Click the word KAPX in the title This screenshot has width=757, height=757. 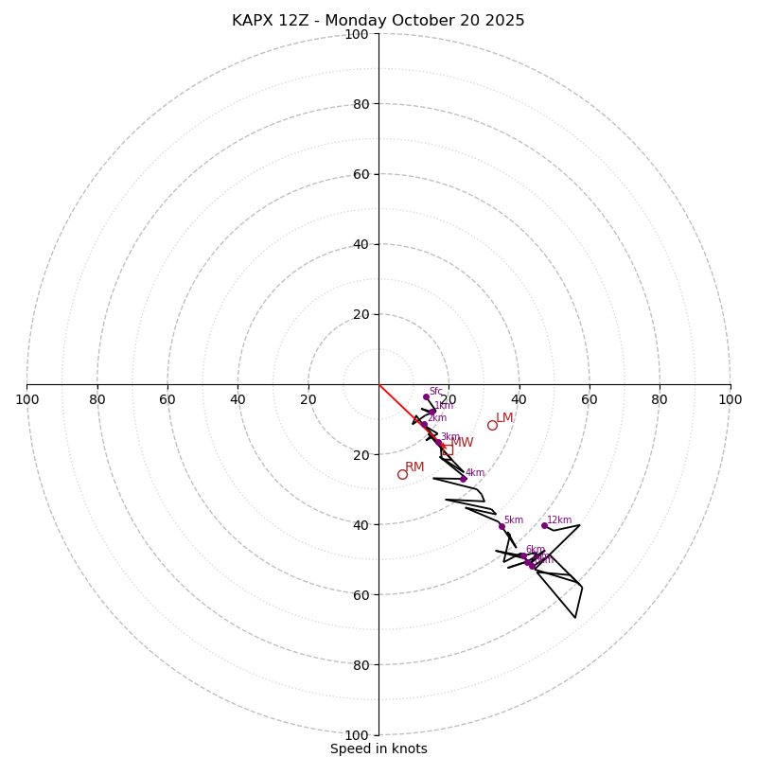[253, 21]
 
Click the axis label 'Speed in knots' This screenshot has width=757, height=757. [378, 748]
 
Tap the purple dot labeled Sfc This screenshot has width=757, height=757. [426, 396]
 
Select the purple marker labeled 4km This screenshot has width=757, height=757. [463, 479]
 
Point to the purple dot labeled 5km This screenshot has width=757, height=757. [502, 526]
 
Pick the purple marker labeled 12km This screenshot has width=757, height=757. [544, 525]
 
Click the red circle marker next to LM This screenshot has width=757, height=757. [492, 425]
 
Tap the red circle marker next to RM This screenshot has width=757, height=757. [402, 474]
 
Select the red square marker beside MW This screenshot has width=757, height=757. [447, 449]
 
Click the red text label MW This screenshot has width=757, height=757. [462, 443]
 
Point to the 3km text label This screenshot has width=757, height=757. [449, 437]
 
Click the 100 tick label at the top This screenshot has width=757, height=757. [357, 34]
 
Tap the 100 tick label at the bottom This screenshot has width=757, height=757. [357, 735]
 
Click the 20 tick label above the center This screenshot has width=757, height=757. [361, 314]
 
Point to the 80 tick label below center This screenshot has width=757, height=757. [361, 665]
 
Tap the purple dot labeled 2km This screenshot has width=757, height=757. [423, 423]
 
